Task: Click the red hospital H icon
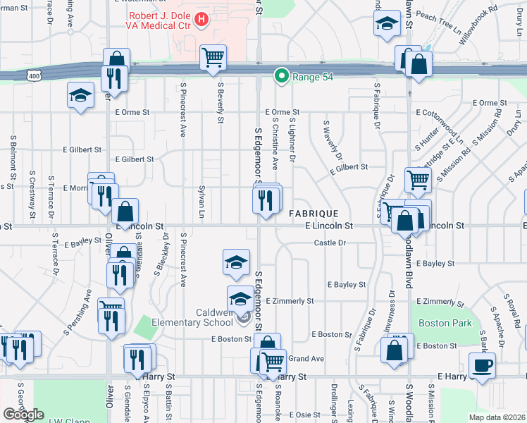(x=201, y=19)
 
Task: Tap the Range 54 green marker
(x=283, y=75)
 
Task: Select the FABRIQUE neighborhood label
(x=314, y=213)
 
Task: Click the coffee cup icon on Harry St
(x=482, y=366)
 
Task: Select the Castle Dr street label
(x=330, y=243)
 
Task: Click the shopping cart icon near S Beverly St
(x=213, y=57)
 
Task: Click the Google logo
(x=23, y=415)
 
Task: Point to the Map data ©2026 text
(x=497, y=417)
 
